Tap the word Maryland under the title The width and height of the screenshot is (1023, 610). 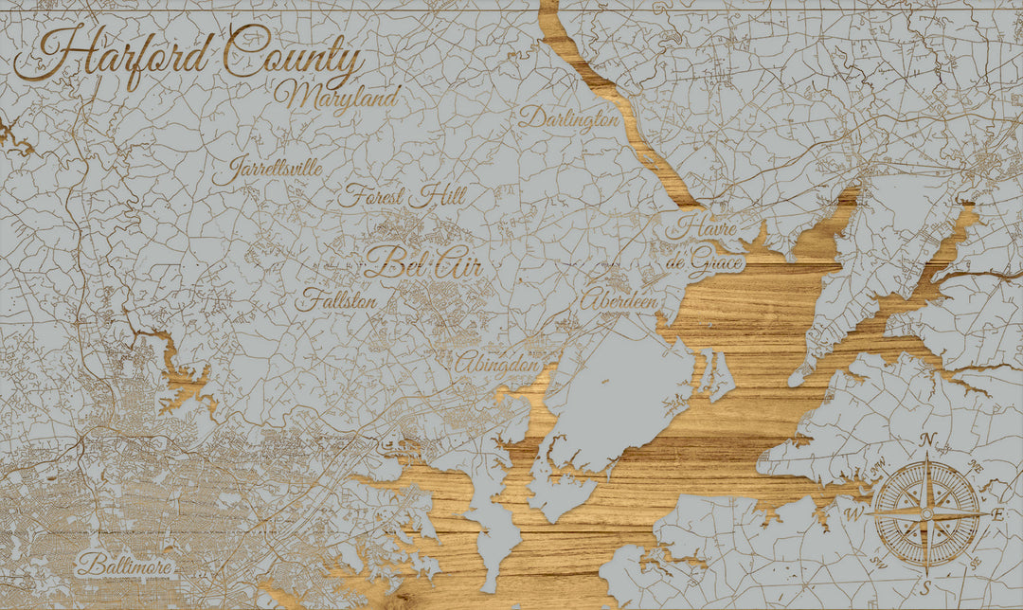click(338, 97)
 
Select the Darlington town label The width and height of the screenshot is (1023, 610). click(568, 119)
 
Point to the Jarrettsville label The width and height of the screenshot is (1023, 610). click(267, 171)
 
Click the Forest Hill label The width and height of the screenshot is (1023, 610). click(402, 197)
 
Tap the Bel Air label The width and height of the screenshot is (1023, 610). click(423, 263)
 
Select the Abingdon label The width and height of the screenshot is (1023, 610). click(497, 362)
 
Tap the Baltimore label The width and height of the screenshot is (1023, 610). click(126, 566)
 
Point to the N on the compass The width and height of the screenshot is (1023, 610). click(929, 439)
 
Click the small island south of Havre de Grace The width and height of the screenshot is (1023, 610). click(716, 374)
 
